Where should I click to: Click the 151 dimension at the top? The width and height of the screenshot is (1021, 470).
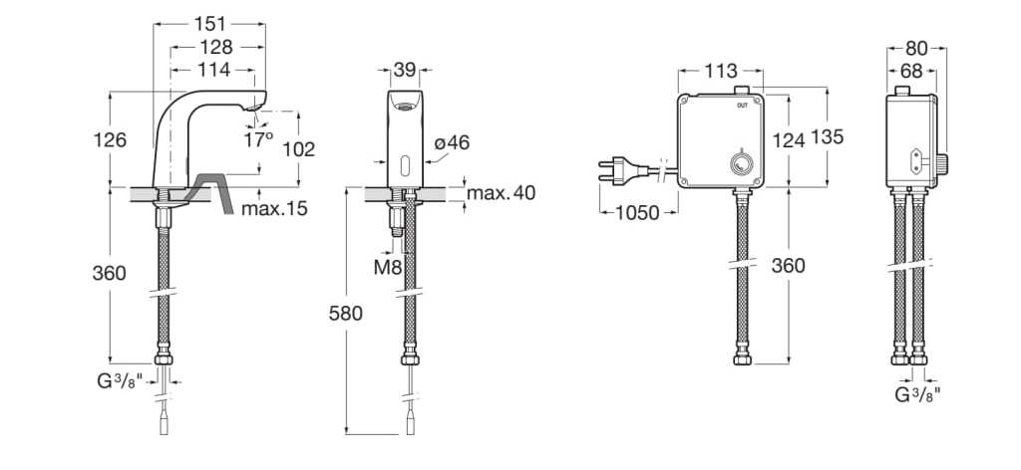pyautogui.click(x=209, y=24)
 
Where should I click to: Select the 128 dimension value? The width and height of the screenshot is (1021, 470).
pyautogui.click(x=216, y=48)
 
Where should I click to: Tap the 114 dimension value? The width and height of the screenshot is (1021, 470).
pyautogui.click(x=214, y=70)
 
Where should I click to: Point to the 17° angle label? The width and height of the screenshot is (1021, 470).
pyautogui.click(x=258, y=139)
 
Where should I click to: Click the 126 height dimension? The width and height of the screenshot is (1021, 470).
pyautogui.click(x=110, y=139)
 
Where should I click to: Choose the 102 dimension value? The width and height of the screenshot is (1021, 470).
pyautogui.click(x=299, y=149)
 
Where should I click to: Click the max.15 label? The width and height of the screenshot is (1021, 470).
pyautogui.click(x=274, y=209)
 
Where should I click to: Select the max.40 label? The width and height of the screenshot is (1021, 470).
pyautogui.click(x=501, y=193)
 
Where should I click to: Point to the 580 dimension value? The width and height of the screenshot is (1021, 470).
pyautogui.click(x=345, y=314)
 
